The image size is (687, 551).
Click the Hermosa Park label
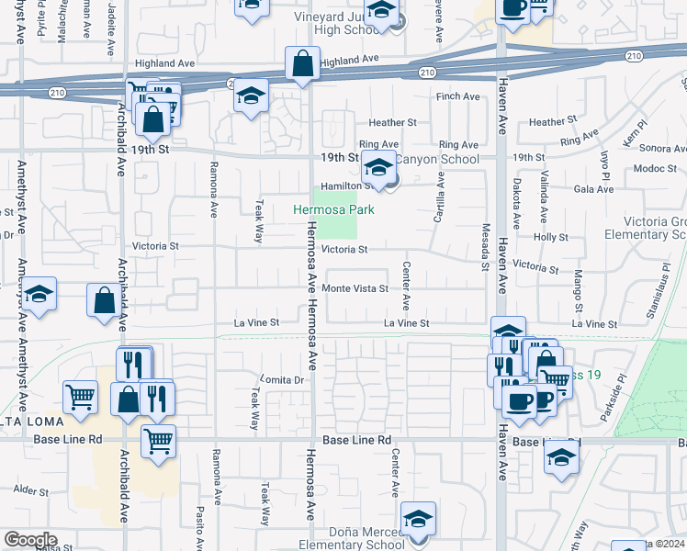tap(333, 209)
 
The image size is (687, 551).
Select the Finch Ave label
tap(458, 96)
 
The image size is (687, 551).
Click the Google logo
tap(30, 540)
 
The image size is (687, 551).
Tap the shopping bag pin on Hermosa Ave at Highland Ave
tap(302, 65)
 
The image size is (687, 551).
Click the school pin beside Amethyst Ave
tap(39, 295)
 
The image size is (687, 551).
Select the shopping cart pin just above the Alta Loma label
tap(80, 397)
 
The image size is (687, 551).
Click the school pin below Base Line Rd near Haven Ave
tap(561, 456)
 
